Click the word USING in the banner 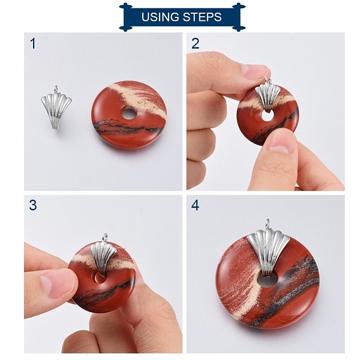pyautogui.click(x=160, y=17)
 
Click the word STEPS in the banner pyautogui.click(x=203, y=17)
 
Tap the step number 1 pyautogui.click(x=33, y=44)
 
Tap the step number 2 pyautogui.click(x=195, y=44)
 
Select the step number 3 pyautogui.click(x=33, y=205)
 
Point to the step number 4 pyautogui.click(x=195, y=205)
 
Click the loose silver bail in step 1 pyautogui.click(x=56, y=109)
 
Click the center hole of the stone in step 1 pyautogui.click(x=129, y=114)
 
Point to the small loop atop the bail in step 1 pyautogui.click(x=56, y=89)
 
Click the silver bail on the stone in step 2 pyautogui.click(x=268, y=97)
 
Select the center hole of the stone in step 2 pyautogui.click(x=268, y=116)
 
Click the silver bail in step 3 pyautogui.click(x=103, y=256)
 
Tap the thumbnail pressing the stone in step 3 pyautogui.click(x=58, y=283)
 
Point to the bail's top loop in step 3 pyautogui.click(x=105, y=237)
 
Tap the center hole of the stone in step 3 pyautogui.click(x=100, y=278)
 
